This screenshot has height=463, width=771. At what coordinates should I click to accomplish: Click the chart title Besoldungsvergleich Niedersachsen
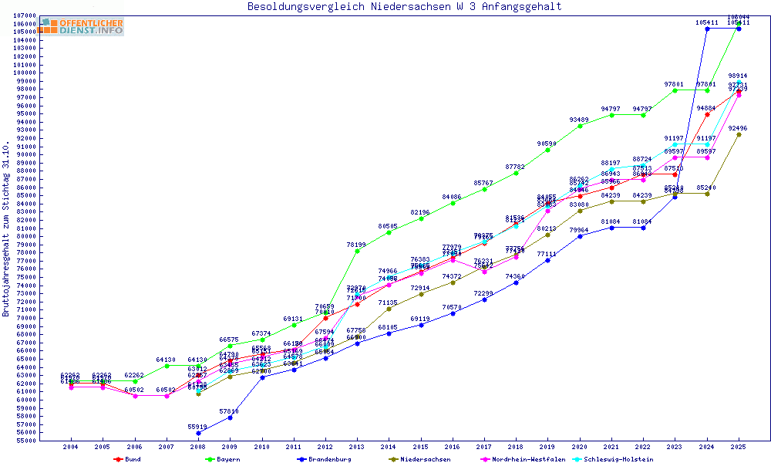[404, 7]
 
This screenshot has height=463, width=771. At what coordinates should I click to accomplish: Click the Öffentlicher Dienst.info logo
[82, 26]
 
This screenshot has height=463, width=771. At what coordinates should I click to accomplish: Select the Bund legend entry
[128, 459]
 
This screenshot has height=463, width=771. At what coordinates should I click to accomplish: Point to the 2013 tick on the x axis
[357, 447]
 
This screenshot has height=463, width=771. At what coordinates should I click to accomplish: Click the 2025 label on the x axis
[739, 447]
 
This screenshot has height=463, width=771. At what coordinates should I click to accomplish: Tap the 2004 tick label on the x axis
[71, 447]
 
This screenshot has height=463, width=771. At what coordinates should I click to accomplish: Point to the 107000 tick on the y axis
[25, 15]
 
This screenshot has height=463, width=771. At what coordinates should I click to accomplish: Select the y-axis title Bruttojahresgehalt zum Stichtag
[7, 229]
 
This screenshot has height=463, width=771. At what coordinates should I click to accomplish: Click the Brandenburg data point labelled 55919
[198, 433]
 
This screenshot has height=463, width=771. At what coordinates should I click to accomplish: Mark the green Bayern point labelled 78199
[357, 251]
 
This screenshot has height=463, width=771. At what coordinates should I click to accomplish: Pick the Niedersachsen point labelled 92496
[739, 134]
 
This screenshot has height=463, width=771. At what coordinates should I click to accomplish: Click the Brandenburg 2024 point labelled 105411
[707, 29]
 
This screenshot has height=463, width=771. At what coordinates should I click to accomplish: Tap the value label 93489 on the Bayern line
[580, 126]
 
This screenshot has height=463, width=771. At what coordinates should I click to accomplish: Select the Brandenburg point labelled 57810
[230, 417]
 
